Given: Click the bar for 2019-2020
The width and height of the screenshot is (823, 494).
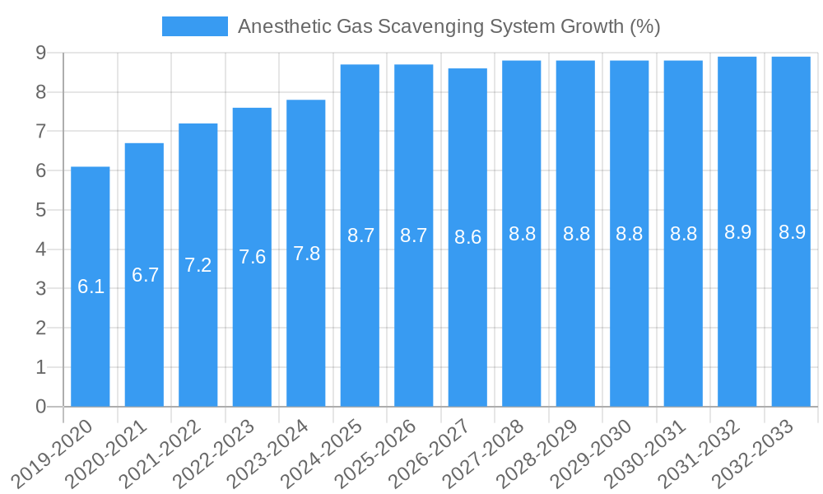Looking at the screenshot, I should click(91, 247).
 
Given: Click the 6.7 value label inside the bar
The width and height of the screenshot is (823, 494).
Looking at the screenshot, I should click(145, 275).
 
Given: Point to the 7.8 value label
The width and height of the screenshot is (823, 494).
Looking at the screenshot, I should click(306, 254).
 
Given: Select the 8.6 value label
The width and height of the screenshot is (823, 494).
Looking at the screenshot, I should click(467, 237).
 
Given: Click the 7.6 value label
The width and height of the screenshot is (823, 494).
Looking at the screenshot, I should click(252, 257).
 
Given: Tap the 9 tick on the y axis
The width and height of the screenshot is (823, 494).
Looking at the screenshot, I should click(40, 54).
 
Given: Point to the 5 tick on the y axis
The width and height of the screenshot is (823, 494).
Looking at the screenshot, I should click(40, 210).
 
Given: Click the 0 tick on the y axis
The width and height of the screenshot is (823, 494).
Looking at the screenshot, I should click(40, 407).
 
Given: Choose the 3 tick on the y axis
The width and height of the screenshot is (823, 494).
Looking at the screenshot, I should click(40, 289).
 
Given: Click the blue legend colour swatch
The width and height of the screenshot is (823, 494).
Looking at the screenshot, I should click(194, 26).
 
